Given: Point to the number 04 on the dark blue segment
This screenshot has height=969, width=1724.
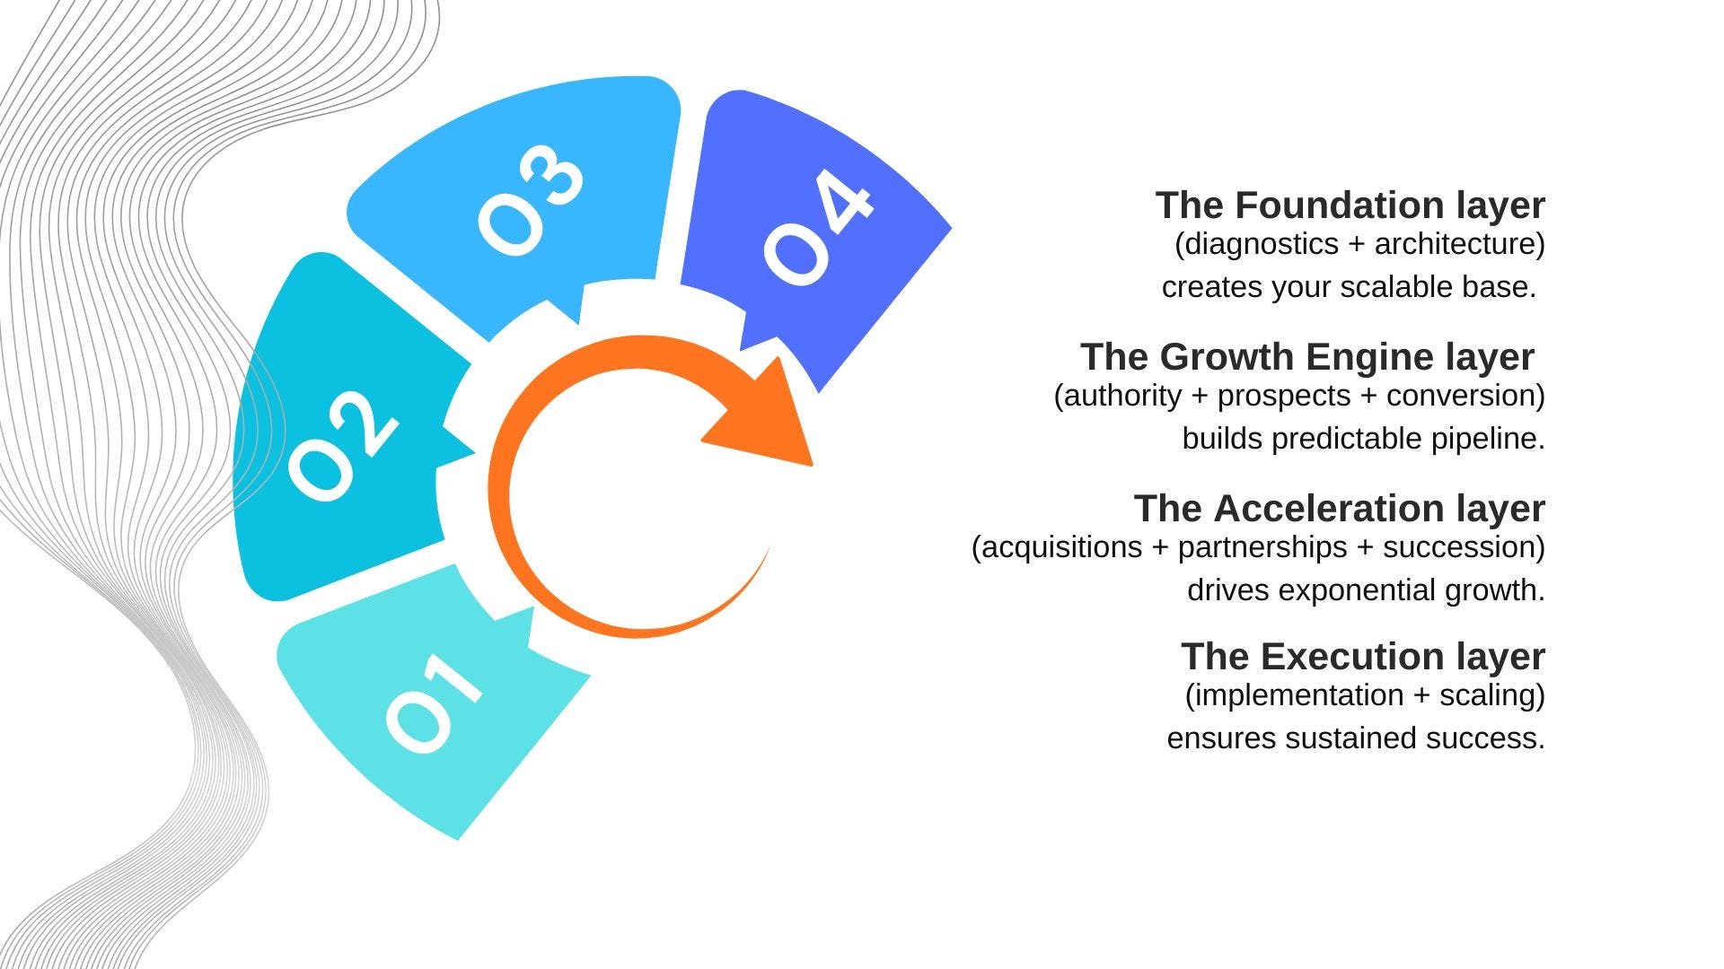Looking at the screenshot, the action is (818, 229).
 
